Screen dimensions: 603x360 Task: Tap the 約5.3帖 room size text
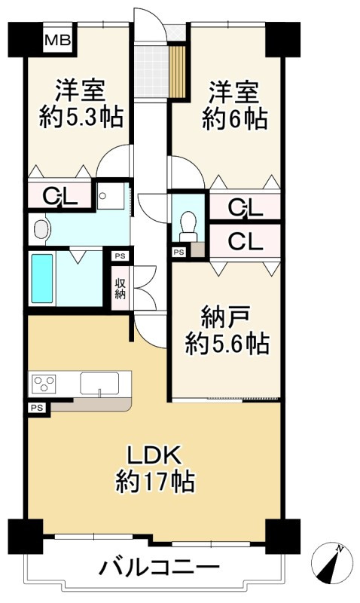coord(81,118)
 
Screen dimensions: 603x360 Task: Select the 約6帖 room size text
coord(234,118)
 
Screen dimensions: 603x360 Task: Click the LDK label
coord(154,456)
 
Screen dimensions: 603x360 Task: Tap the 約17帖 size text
coord(155,481)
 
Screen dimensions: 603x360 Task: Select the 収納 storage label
coord(121,288)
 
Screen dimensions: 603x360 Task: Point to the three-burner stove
coord(44,384)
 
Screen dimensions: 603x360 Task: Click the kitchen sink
coord(101,384)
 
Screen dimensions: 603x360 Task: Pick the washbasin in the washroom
coord(40,228)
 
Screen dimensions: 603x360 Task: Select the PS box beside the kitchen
coord(35,407)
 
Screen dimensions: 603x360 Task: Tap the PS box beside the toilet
coord(178,253)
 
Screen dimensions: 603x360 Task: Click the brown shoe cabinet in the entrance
coord(178,72)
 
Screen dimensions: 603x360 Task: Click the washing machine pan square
coord(113,195)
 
